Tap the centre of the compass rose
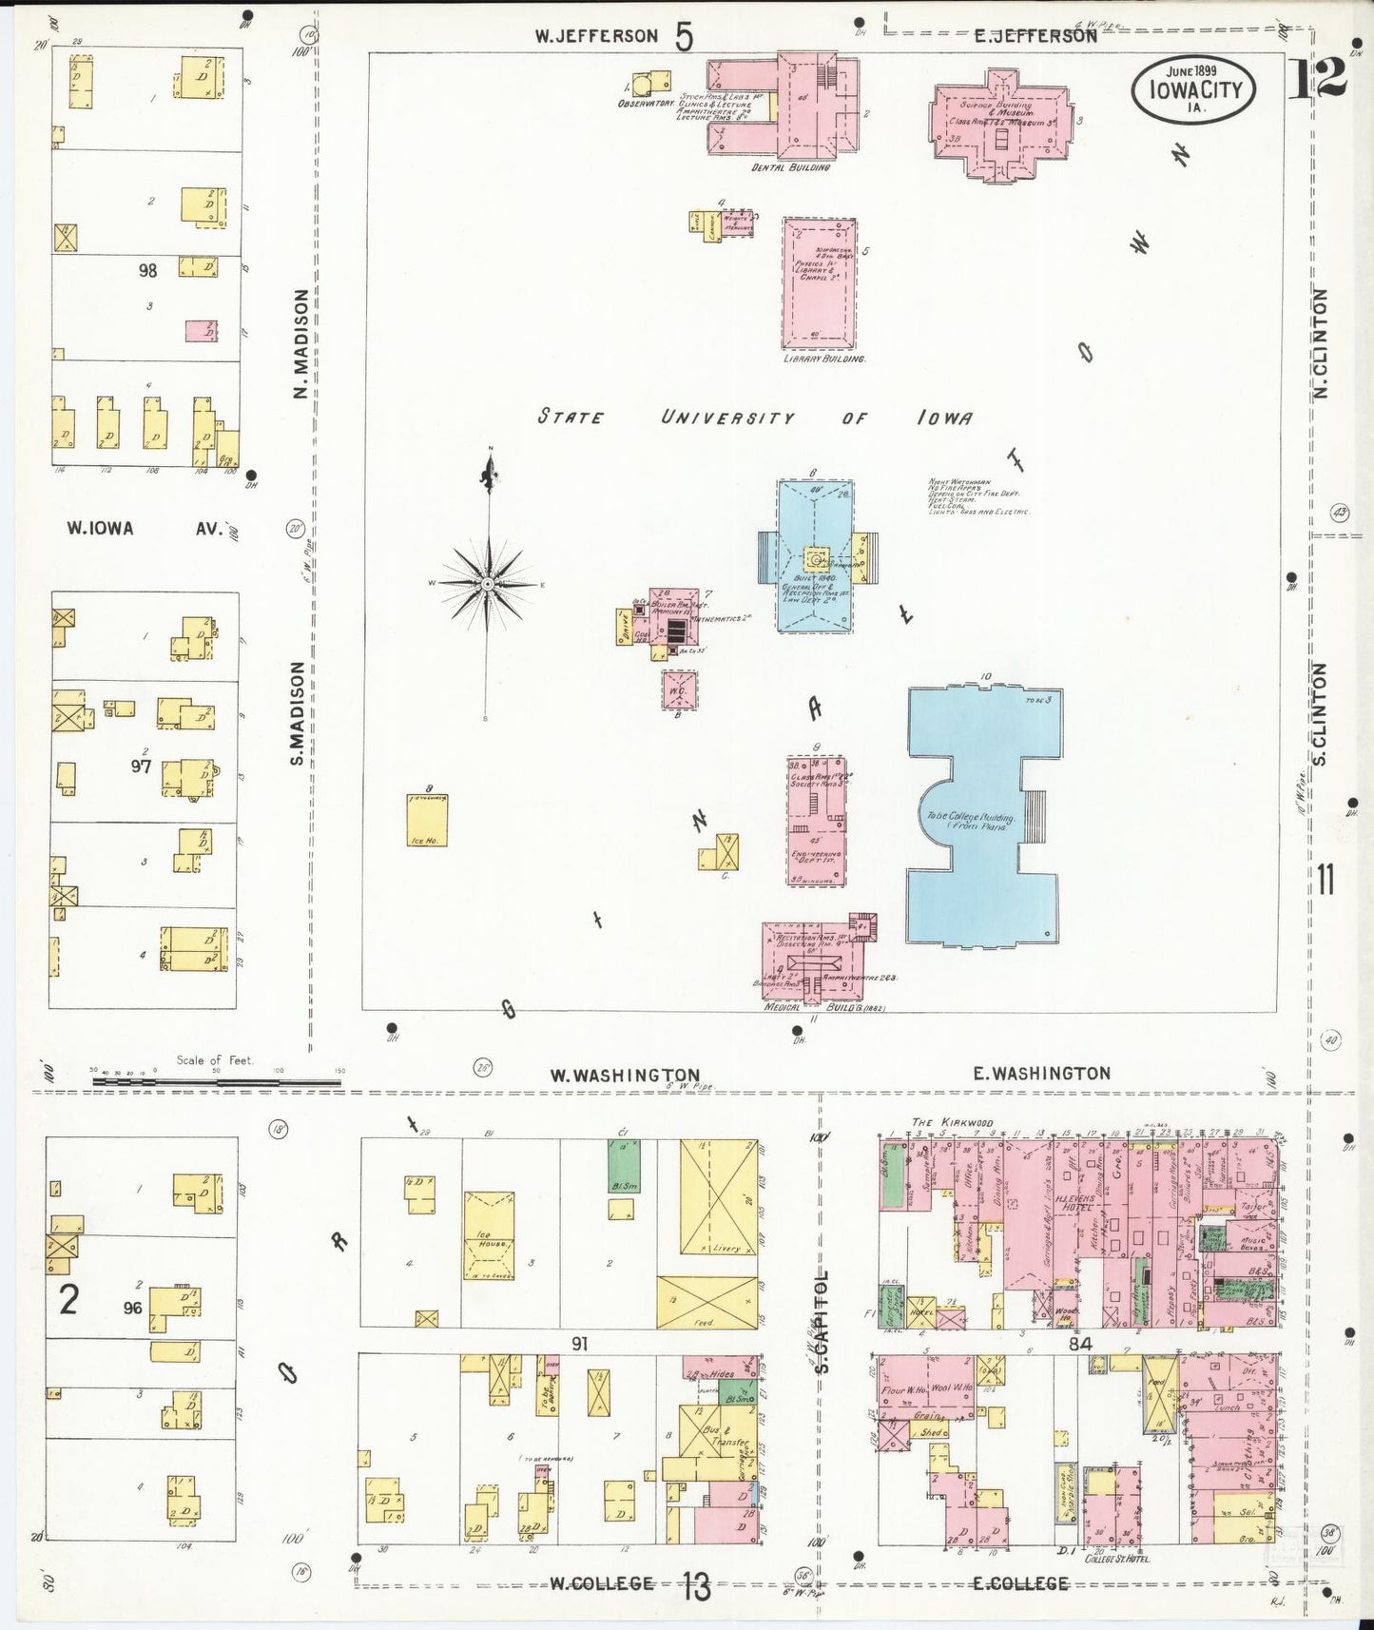pyautogui.click(x=487, y=583)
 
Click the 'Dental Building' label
pyautogui.click(x=790, y=167)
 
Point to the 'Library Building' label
pyautogui.click(x=823, y=359)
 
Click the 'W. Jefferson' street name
pyautogui.click(x=596, y=36)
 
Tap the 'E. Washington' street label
pyautogui.click(x=1041, y=1074)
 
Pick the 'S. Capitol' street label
pyautogui.click(x=823, y=1322)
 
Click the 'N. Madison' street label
pyautogui.click(x=300, y=344)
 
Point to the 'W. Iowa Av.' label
pyautogui.click(x=143, y=529)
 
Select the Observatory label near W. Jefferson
pyautogui.click(x=646, y=103)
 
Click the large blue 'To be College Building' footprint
pyautogui.click(x=983, y=818)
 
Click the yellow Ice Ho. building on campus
pyautogui.click(x=428, y=821)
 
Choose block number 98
pyautogui.click(x=147, y=271)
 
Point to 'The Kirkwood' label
pyautogui.click(x=939, y=1122)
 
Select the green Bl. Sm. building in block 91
pyautogui.click(x=623, y=1162)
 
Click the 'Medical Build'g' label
pyautogui.click(x=824, y=1007)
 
